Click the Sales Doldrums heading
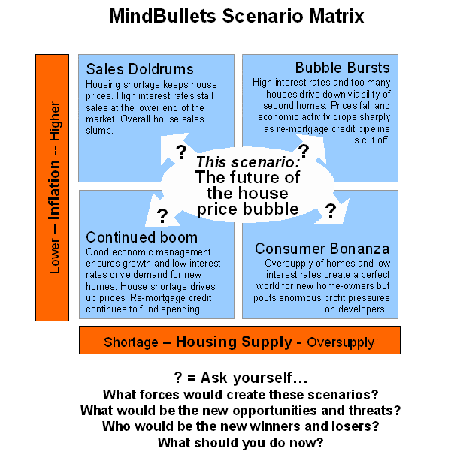click(140, 69)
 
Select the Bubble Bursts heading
click(343, 68)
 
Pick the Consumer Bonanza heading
click(322, 249)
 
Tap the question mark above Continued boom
click(162, 217)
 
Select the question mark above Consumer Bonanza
click(329, 211)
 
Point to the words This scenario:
click(248, 161)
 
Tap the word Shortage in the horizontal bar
click(131, 342)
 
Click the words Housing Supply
click(234, 342)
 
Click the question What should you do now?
click(240, 443)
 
